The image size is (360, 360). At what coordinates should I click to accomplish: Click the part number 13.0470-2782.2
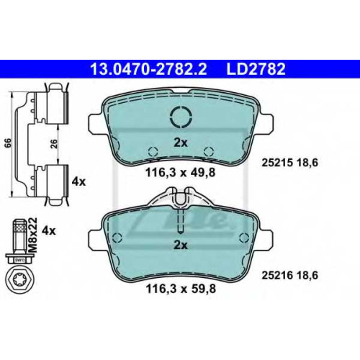(148, 69)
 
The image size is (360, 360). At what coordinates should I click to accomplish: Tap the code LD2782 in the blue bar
(256, 69)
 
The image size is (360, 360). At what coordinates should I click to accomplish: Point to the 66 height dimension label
(8, 143)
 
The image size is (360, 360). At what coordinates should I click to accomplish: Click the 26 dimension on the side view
(55, 143)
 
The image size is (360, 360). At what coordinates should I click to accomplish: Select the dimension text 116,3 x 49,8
(181, 172)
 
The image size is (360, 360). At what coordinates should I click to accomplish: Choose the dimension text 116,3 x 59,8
(181, 289)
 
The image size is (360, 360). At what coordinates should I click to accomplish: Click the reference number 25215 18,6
(289, 163)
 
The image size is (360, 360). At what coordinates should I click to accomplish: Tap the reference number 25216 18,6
(289, 275)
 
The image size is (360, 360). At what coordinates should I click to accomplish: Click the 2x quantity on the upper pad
(181, 143)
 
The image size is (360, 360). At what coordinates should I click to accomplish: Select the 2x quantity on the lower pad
(181, 245)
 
